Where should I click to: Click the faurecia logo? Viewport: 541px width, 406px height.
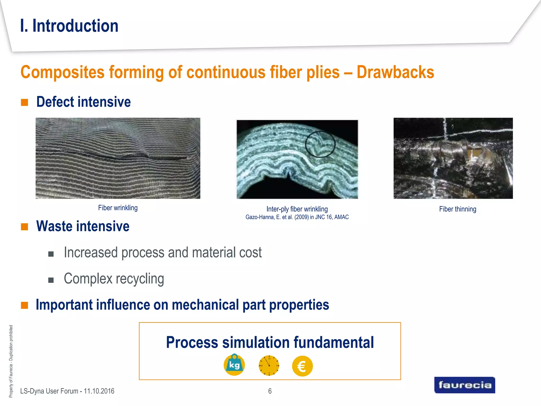(x=464, y=385)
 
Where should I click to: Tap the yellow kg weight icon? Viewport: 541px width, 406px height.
(x=234, y=365)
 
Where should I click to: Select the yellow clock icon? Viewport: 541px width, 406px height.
(x=269, y=366)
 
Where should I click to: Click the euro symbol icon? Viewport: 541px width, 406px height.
(x=302, y=366)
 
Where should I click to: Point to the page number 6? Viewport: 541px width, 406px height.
(x=270, y=391)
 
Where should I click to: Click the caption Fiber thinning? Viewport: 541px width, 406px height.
(x=458, y=209)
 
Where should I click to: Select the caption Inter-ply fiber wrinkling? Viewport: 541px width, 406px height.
(x=297, y=209)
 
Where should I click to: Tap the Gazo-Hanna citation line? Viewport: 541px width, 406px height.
(x=297, y=217)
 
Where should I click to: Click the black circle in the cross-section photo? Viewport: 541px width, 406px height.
(x=320, y=144)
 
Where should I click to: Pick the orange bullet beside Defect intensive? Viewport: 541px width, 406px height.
(x=25, y=102)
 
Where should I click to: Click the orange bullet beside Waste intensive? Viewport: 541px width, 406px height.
(x=25, y=227)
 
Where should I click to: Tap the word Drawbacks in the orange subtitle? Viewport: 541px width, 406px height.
(x=395, y=72)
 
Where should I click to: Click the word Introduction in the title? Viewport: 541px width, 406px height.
(x=75, y=26)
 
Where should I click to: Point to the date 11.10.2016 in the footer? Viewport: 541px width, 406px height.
(x=99, y=391)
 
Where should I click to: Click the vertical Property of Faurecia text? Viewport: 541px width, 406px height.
(x=11, y=361)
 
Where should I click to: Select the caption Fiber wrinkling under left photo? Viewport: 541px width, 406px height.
(x=118, y=208)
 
